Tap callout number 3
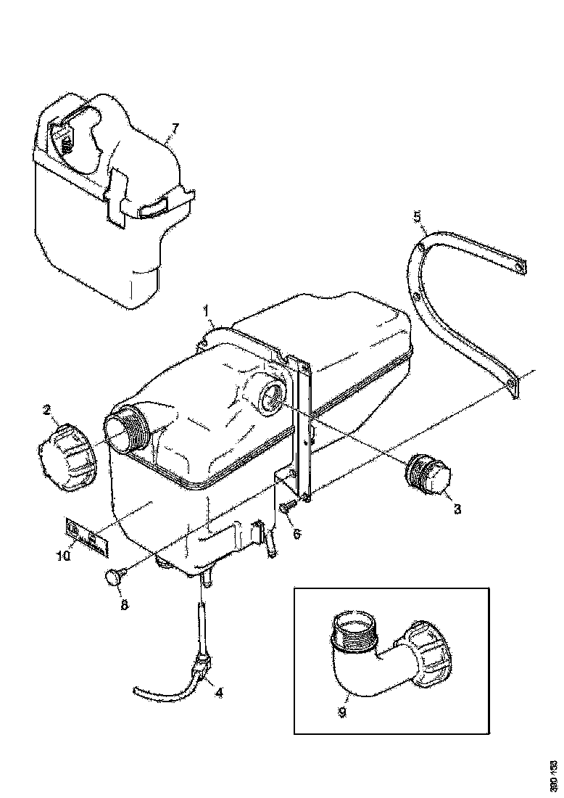tap(457, 509)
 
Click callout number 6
tap(296, 534)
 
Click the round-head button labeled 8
tap(115, 577)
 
